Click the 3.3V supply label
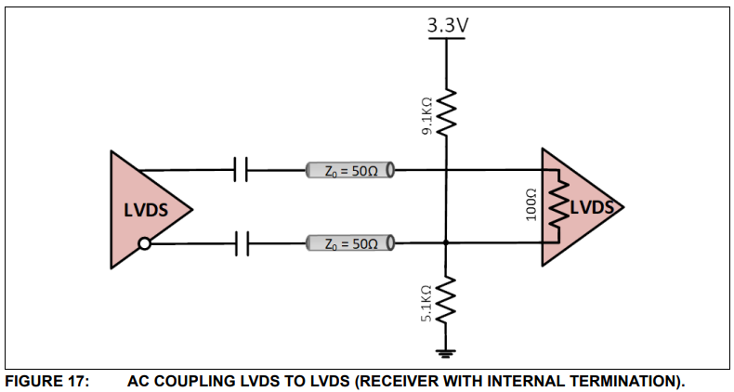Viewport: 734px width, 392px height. click(x=447, y=25)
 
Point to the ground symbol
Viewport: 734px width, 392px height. click(x=447, y=351)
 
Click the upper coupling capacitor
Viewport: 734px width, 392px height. click(x=242, y=171)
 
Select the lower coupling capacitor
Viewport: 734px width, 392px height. click(x=242, y=244)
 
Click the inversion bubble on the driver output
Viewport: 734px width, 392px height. click(x=144, y=244)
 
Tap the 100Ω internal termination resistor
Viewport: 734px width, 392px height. click(x=559, y=207)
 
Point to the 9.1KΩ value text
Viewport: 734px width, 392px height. click(x=426, y=117)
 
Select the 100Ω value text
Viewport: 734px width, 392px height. click(x=532, y=206)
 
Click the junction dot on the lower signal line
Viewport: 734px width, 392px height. click(x=447, y=244)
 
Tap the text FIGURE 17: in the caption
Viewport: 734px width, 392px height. click(x=46, y=380)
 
